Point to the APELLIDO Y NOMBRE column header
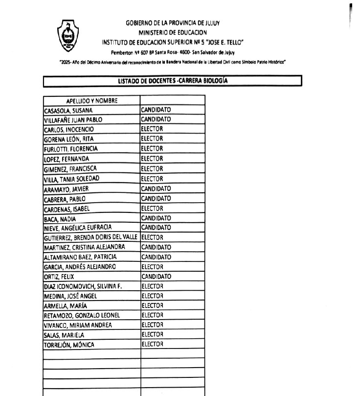coord(91,101)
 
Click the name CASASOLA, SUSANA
coord(68,111)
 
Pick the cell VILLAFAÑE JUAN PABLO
coord(73,120)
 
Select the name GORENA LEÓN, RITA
coord(68,139)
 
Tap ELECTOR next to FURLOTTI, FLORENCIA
coord(152,149)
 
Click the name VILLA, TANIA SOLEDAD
coord(71,179)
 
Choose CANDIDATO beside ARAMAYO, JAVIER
coord(156,188)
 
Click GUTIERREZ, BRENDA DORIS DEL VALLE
coord(91,237)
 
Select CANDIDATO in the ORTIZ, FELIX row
coord(156,277)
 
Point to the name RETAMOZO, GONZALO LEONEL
coord(82,315)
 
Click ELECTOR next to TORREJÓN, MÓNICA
coord(152,344)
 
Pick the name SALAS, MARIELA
coord(64,335)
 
